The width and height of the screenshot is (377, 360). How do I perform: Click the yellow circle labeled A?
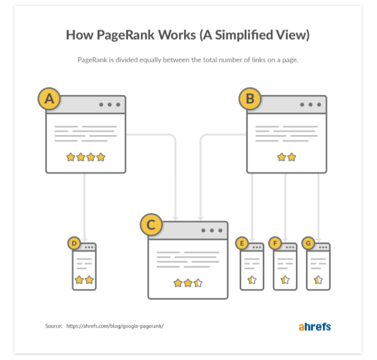click(49, 99)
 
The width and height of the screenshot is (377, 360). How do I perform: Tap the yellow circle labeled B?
click(250, 99)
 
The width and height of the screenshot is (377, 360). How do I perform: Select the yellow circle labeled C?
click(151, 225)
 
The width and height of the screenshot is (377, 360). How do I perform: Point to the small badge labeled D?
click(74, 243)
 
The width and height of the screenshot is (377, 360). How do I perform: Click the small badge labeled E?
click(242, 244)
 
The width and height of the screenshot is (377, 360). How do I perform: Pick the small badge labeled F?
click(275, 244)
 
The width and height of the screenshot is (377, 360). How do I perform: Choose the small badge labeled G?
click(308, 244)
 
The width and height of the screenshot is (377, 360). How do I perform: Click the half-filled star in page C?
click(198, 283)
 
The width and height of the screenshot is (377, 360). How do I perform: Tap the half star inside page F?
click(285, 280)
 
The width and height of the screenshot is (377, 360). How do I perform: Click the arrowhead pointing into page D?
click(84, 240)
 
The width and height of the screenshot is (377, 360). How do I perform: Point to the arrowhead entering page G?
click(319, 240)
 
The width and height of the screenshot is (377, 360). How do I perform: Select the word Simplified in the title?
click(244, 35)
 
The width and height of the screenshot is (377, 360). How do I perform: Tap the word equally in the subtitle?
click(150, 60)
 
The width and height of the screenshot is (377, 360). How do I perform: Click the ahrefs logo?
click(315, 326)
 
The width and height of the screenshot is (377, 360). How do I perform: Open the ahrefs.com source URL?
click(115, 326)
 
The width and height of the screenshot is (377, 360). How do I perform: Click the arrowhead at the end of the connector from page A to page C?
click(176, 218)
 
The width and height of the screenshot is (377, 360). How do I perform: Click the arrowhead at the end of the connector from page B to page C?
click(201, 218)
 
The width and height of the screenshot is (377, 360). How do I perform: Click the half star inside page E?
click(252, 280)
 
